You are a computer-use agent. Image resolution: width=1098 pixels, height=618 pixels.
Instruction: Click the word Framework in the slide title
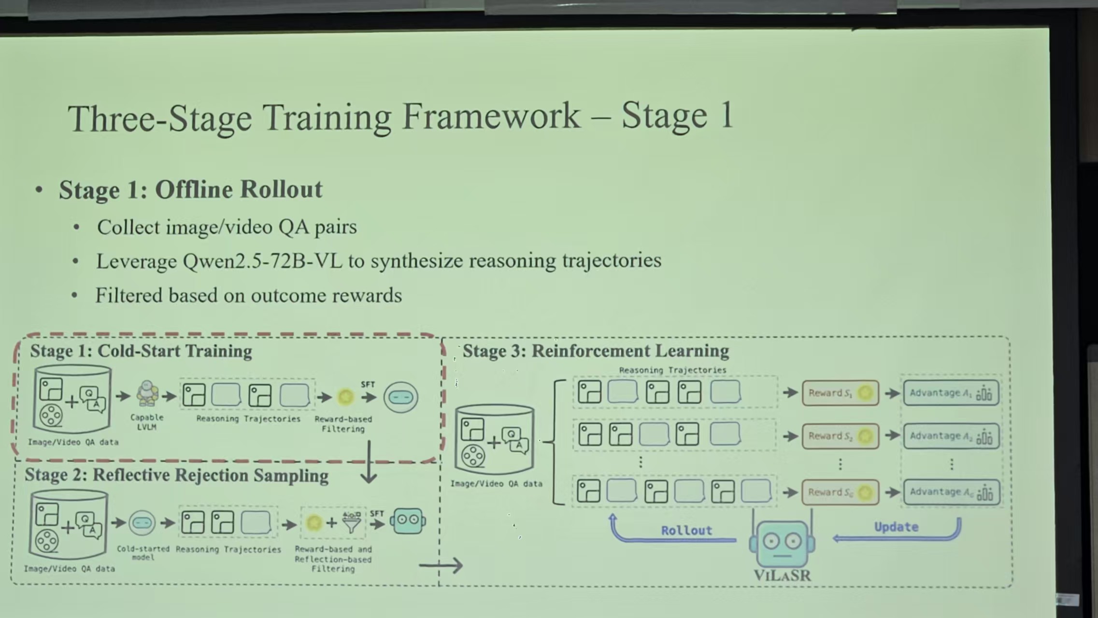(491, 117)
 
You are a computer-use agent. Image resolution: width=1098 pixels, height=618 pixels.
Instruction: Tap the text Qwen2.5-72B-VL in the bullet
(262, 261)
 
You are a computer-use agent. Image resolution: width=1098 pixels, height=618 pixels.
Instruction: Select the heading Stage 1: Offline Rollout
(190, 189)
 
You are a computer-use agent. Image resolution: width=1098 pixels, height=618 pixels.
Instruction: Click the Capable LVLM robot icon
(147, 394)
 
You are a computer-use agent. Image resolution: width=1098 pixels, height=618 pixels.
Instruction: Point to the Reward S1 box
(840, 393)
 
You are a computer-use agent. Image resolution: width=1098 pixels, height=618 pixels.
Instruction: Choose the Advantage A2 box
(951, 436)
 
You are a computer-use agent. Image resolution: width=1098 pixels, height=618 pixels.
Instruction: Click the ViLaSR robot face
(782, 544)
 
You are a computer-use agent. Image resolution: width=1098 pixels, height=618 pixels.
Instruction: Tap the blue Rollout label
(686, 531)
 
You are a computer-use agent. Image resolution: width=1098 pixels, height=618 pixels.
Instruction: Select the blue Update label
(896, 527)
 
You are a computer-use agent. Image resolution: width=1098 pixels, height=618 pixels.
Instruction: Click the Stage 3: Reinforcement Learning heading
(596, 351)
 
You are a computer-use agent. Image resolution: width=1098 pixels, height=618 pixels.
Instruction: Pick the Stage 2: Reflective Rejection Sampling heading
(176, 475)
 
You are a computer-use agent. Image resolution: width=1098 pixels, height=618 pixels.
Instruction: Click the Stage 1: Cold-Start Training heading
(141, 351)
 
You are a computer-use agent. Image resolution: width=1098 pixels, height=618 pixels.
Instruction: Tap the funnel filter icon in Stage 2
(352, 522)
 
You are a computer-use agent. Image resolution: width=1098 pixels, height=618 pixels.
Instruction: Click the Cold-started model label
(143, 553)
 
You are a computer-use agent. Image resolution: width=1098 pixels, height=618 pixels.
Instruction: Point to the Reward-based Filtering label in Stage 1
(343, 424)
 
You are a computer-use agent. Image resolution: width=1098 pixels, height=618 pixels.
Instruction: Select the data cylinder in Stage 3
(494, 440)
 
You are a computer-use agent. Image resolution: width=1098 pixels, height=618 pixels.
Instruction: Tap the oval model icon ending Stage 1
(400, 397)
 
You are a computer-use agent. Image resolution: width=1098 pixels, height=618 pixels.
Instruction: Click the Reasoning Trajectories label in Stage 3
(672, 370)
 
